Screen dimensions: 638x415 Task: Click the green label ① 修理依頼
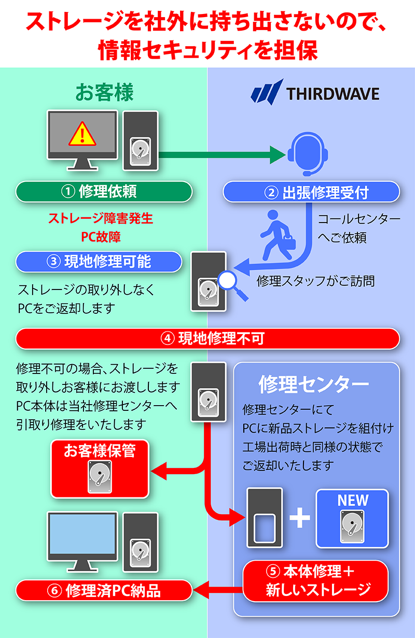[104, 191]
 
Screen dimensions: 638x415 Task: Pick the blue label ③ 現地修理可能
[99, 261]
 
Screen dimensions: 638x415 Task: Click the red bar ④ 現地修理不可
[208, 339]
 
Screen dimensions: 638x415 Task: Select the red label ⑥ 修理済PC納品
[104, 590]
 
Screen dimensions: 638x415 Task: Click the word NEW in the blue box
[353, 501]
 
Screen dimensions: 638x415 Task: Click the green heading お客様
[104, 93]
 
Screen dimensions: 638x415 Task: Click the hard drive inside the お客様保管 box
[100, 476]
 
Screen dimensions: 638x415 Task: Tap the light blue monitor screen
[81, 534]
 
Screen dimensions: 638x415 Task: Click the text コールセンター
[358, 219]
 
